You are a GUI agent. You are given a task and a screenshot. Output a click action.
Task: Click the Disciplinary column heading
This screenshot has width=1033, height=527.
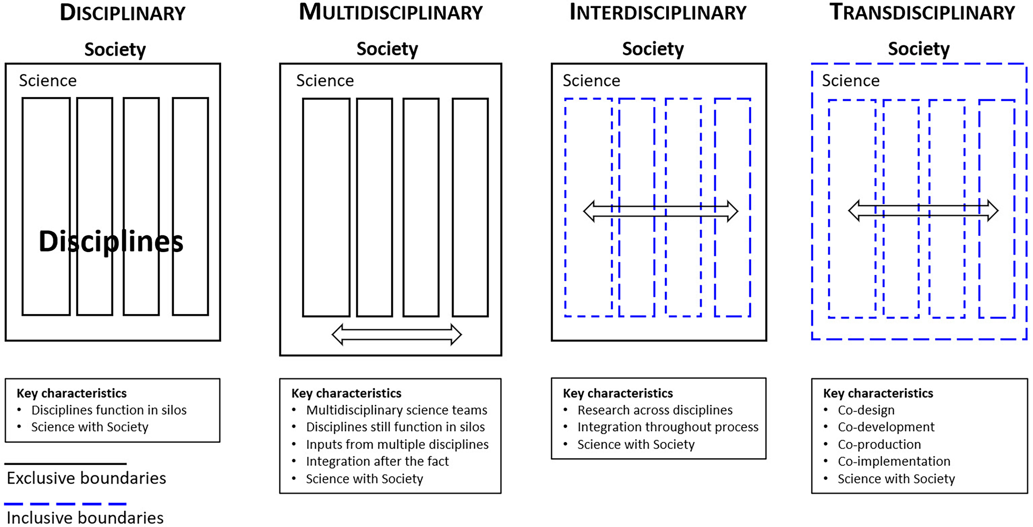click(123, 13)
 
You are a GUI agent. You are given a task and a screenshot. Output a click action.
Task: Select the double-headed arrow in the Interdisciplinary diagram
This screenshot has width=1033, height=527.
click(661, 211)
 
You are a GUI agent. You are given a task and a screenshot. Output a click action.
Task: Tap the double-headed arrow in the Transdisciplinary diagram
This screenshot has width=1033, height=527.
click(923, 210)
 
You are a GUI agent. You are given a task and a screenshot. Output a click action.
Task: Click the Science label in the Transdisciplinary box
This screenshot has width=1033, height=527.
click(851, 80)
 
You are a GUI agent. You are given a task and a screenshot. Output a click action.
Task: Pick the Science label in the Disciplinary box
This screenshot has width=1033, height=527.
click(48, 80)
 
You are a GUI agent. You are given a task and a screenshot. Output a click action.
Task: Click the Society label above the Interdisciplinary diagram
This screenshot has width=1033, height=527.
click(653, 49)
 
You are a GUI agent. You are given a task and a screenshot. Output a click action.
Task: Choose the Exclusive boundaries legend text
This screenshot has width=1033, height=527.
click(86, 478)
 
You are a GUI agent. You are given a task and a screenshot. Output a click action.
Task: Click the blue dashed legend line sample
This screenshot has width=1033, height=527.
click(65, 504)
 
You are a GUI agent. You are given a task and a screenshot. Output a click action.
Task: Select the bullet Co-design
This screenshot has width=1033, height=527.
click(866, 410)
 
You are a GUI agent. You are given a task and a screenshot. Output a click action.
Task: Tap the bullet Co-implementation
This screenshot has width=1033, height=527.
click(894, 461)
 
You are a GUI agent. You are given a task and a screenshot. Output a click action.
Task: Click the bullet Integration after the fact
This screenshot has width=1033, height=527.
click(377, 461)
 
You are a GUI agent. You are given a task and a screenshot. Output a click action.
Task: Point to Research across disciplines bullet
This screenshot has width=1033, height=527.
click(655, 410)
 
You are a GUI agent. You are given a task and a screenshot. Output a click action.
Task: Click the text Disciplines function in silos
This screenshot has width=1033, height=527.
click(109, 410)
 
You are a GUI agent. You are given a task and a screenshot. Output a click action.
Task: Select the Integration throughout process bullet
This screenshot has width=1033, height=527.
click(668, 427)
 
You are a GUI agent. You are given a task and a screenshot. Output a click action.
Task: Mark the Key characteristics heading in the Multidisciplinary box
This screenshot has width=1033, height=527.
click(347, 393)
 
